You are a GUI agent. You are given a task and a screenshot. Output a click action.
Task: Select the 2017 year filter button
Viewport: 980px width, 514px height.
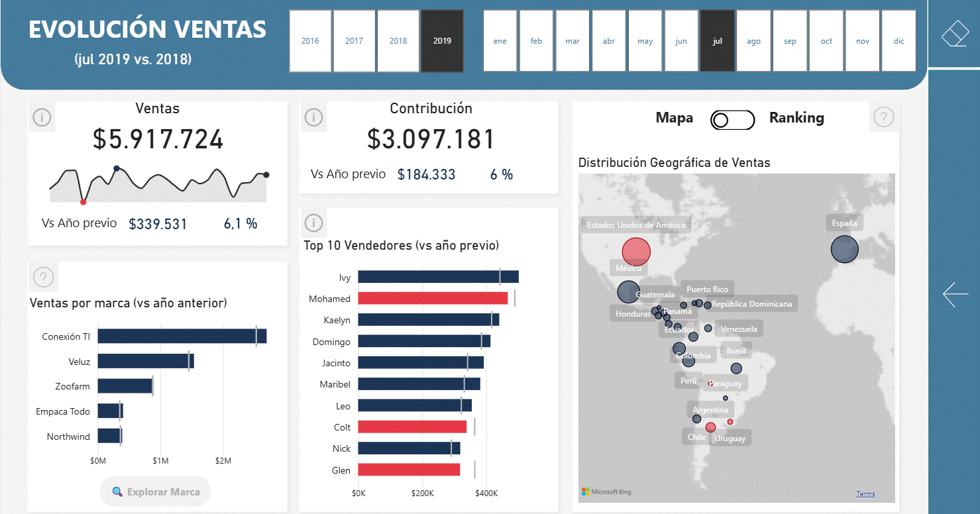coord(354,41)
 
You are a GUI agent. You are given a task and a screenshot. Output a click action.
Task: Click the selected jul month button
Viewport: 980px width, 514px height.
coord(717,41)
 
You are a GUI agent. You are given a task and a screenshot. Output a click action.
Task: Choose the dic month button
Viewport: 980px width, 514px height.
coord(898,41)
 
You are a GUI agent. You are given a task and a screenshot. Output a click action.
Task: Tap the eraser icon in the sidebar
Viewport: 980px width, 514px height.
coord(954,34)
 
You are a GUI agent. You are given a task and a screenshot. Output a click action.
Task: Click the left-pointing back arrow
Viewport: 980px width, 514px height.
coord(955,294)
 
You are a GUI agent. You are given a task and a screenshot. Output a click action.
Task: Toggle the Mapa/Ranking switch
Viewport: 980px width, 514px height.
coord(732,120)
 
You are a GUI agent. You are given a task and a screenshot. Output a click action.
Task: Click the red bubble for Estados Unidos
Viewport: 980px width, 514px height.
coord(636,252)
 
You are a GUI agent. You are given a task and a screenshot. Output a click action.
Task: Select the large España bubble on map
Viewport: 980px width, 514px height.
coord(844,250)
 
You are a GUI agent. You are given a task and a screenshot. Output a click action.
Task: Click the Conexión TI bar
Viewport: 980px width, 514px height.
coord(182,336)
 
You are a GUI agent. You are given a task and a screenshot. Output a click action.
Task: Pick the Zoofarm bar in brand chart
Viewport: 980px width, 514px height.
coord(125,385)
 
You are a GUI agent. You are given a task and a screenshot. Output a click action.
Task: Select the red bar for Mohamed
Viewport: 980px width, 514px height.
coord(433,299)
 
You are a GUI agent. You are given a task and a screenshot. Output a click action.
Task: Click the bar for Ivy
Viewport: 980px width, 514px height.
coord(438,277)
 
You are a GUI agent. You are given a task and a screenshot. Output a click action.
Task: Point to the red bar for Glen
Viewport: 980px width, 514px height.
coord(409,470)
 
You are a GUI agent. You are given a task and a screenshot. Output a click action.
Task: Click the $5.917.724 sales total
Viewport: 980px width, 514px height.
coord(158,140)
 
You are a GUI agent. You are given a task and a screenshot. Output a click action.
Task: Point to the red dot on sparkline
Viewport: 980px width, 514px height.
coord(83,201)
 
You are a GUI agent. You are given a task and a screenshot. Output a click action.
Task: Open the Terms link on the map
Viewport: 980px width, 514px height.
coord(865,494)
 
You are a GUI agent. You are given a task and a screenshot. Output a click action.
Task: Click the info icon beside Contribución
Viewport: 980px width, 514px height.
coord(313,118)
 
